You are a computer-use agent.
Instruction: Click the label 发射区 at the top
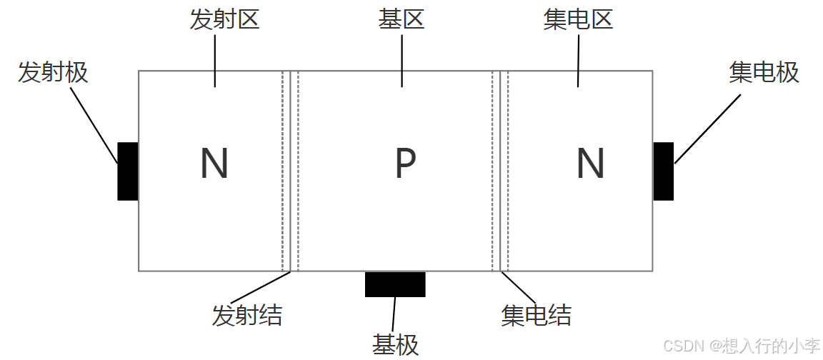click(x=224, y=19)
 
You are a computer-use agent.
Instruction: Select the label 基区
click(x=401, y=19)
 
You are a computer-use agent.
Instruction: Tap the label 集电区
click(x=578, y=19)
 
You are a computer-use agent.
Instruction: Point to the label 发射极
click(x=53, y=72)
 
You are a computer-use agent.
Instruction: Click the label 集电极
click(x=764, y=72)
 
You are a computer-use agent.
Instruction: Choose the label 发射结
click(x=247, y=315)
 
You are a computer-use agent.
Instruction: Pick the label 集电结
click(x=537, y=315)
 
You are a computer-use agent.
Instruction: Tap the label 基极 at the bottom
click(x=395, y=344)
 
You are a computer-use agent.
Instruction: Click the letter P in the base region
click(x=405, y=164)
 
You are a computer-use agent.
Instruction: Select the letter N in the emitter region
click(x=214, y=164)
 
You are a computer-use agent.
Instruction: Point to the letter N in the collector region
click(x=590, y=164)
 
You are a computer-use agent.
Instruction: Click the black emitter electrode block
click(x=128, y=171)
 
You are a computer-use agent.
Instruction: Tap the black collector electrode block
click(x=663, y=171)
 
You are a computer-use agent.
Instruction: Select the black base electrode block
click(x=395, y=284)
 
